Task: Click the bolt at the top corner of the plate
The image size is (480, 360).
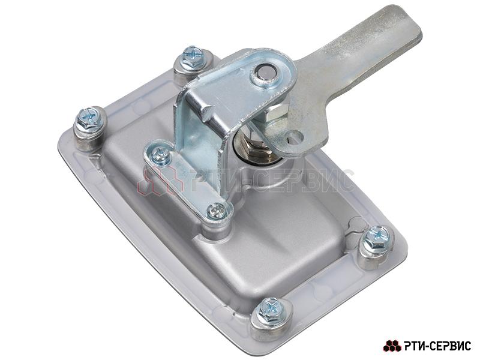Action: tap(193, 59)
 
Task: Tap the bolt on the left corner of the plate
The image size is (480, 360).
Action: tap(89, 122)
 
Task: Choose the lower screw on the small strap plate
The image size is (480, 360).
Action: tap(217, 211)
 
